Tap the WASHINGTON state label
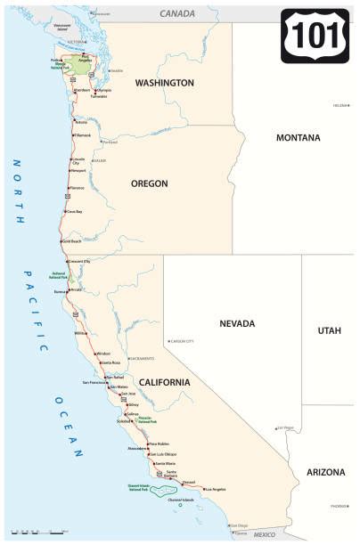point(164,83)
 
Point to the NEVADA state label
point(238,323)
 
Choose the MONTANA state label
point(298,139)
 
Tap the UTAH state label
point(329,330)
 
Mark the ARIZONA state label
point(326,471)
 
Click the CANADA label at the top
point(177,14)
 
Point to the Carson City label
point(182,341)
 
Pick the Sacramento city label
point(143,358)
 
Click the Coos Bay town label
point(74,211)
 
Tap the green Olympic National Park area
point(81,65)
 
